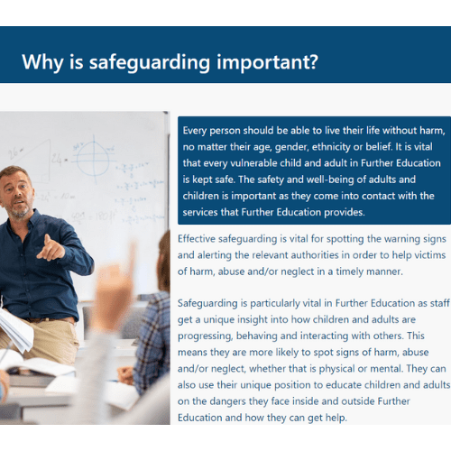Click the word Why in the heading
(x=42, y=62)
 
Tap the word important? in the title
(x=267, y=62)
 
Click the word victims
(x=430, y=255)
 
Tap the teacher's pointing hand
(x=51, y=248)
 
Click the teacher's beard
(x=20, y=211)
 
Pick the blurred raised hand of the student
(x=114, y=289)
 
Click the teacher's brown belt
(x=51, y=319)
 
